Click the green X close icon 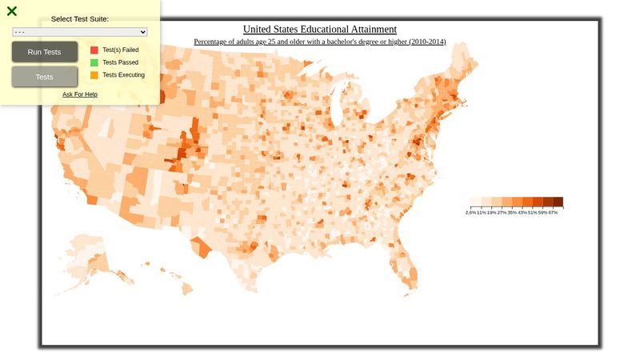[x=12, y=11]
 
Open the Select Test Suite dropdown [x=80, y=32]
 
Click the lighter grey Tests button [x=45, y=77]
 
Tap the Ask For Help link [x=80, y=94]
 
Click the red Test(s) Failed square [x=94, y=50]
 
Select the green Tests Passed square [x=94, y=62]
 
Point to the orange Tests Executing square [x=94, y=75]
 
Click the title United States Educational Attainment [x=319, y=29]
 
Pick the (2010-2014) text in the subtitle [x=427, y=42]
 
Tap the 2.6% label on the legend [x=470, y=213]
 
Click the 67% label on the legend [x=553, y=213]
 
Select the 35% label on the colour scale [x=511, y=213]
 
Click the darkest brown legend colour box [x=558, y=202]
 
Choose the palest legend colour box [x=475, y=202]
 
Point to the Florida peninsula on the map [x=406, y=268]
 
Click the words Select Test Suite [x=80, y=19]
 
